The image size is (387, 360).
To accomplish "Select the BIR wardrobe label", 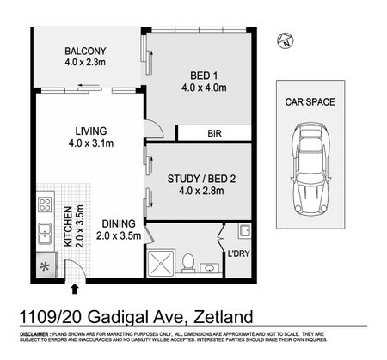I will [213, 133].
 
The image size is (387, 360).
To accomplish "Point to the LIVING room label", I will [90, 137].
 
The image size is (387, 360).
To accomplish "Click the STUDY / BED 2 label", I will [202, 184].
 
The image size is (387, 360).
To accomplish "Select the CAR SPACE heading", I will [310, 101].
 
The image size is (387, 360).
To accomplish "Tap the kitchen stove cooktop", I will [44, 206].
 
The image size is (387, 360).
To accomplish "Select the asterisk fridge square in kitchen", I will [44, 268].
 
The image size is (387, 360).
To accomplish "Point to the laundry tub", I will [243, 230].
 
